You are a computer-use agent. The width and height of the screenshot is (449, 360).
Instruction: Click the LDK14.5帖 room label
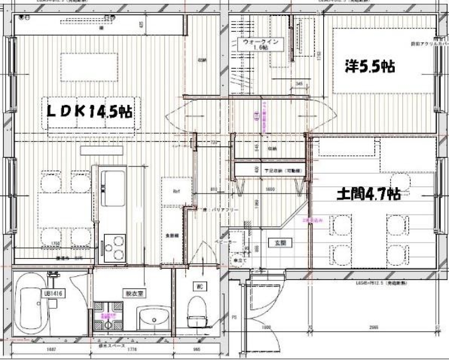[x=89, y=111]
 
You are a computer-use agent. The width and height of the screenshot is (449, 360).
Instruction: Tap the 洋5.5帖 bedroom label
[x=369, y=67]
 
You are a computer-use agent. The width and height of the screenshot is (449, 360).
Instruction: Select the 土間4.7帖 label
[x=368, y=194]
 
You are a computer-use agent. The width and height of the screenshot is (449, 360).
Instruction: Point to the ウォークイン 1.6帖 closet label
[x=261, y=45]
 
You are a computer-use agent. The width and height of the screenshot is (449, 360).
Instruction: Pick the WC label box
[x=200, y=286]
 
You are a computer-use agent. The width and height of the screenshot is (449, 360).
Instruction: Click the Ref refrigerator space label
[x=176, y=191]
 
